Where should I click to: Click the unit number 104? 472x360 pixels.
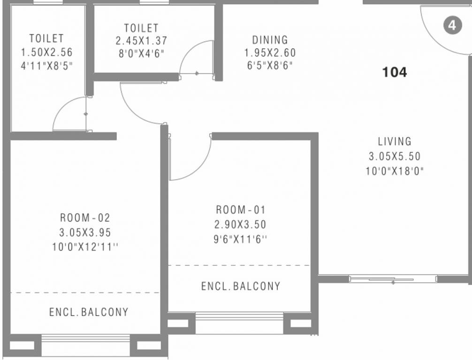click(x=394, y=72)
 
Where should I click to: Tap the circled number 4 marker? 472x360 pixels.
click(x=452, y=25)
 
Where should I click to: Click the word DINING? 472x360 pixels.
click(x=270, y=40)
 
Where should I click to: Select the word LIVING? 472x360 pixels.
click(x=395, y=142)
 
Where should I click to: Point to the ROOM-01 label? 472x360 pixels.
click(x=241, y=210)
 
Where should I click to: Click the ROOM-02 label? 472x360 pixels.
click(x=85, y=217)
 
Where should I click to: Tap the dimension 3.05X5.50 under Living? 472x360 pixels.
click(x=395, y=157)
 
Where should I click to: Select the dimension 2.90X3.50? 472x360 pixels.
click(x=240, y=225)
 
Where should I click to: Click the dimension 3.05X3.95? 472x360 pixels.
click(x=85, y=232)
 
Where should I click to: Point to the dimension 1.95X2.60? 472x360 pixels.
click(x=270, y=53)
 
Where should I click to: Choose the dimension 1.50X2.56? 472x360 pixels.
click(x=46, y=52)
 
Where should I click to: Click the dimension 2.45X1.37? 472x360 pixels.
click(x=142, y=41)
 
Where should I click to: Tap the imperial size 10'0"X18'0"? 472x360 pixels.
click(x=395, y=172)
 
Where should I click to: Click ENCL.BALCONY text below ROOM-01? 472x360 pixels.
click(x=241, y=286)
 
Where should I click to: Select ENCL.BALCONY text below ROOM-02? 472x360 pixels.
click(x=89, y=312)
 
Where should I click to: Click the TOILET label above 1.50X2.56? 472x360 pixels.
click(x=46, y=38)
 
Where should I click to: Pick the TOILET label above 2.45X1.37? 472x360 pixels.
click(x=142, y=28)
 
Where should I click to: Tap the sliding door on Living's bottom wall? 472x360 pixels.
click(x=393, y=279)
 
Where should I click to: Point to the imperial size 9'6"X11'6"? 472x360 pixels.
click(x=240, y=240)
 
